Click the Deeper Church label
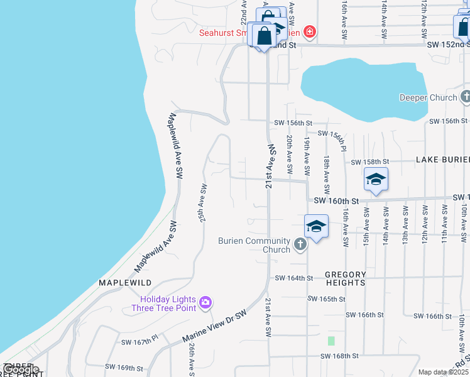pos(428,97)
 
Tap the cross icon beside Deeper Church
pos(466,97)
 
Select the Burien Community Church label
pos(254,245)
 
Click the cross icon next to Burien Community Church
pos(300,244)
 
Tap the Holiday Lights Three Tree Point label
pos(164,303)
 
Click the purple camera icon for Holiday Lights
pos(205,303)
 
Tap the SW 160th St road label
pos(336,200)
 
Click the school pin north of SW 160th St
pos(376,180)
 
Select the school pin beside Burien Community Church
pos(316,227)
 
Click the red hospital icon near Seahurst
pos(309,31)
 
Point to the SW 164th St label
pos(294,278)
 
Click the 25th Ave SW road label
pos(203,203)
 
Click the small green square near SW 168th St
pos(331,341)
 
